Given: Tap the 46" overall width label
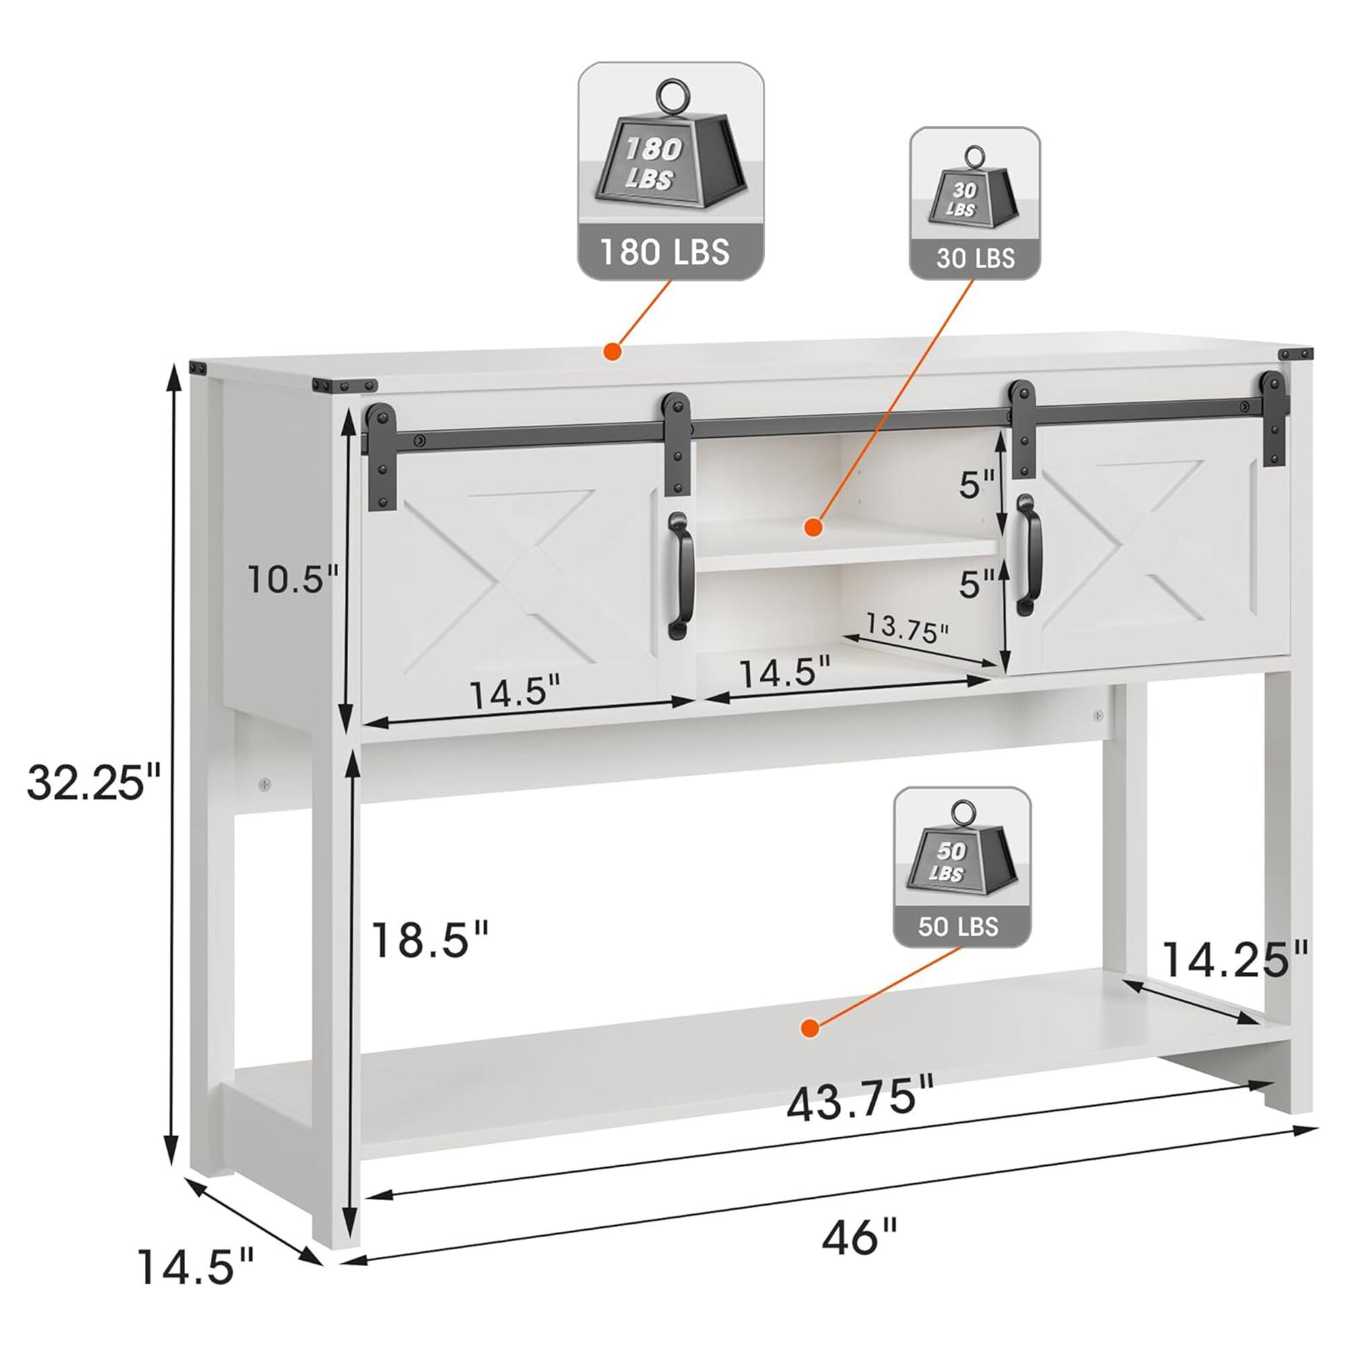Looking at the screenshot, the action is tap(859, 1237).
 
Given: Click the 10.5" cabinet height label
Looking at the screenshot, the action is tap(294, 579).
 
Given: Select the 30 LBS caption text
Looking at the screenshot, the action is tap(975, 259).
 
